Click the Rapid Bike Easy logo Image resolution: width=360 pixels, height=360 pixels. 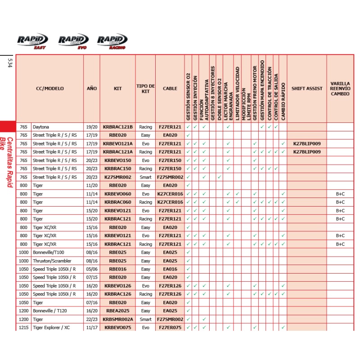pos(32,41)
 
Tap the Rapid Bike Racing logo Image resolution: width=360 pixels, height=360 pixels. pos(112,41)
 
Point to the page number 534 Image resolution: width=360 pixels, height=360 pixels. pos(9,63)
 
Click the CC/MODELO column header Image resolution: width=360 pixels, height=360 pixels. pos(50,89)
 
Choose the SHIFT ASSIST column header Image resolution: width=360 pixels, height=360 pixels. pos(306,89)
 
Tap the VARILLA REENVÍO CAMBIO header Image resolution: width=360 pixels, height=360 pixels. pos(340,89)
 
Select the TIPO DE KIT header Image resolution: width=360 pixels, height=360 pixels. pos(145,89)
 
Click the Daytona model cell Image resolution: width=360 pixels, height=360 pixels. pos(40,127)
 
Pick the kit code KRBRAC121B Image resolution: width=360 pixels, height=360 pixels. pos(118,127)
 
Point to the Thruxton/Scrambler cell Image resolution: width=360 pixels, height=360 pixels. pos(52,261)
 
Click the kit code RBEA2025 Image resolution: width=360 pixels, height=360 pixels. pos(118,310)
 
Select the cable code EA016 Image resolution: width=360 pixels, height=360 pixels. pos(170,269)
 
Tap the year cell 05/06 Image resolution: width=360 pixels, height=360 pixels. pos(91,269)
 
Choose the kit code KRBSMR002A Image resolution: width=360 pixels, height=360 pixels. pos(118,319)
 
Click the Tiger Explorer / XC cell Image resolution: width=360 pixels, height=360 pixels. pos(51,328)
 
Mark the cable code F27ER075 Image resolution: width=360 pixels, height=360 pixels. pos(170,328)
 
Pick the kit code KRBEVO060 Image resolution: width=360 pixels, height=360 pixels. pos(118,193)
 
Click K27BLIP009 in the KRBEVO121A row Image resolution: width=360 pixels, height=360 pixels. pos(306,144)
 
